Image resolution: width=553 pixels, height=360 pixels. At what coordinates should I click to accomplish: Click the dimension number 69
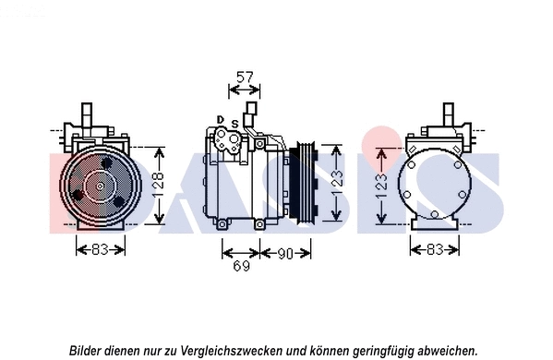[240, 268]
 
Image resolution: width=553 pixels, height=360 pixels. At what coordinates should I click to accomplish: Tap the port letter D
[220, 119]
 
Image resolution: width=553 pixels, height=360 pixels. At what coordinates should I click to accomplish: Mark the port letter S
[234, 125]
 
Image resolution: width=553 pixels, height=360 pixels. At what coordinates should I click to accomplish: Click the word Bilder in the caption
[88, 350]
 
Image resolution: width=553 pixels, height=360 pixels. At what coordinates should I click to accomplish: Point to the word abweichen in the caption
[448, 350]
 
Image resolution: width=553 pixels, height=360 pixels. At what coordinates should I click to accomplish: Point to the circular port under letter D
[226, 141]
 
